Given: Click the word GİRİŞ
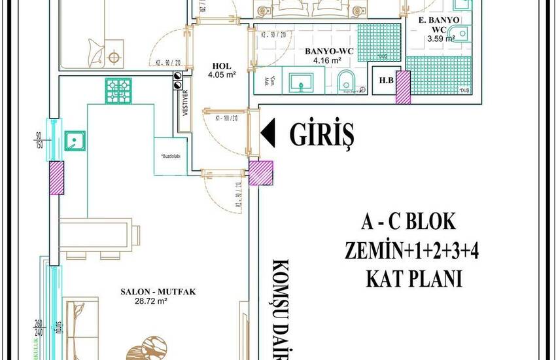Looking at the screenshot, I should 322,135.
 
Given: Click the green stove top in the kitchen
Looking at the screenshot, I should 117,90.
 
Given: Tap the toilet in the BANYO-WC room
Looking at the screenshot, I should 347,82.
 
